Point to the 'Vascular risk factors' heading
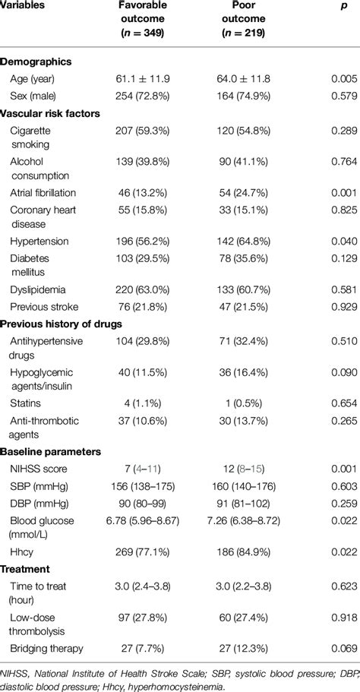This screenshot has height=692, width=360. coord(50,112)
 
